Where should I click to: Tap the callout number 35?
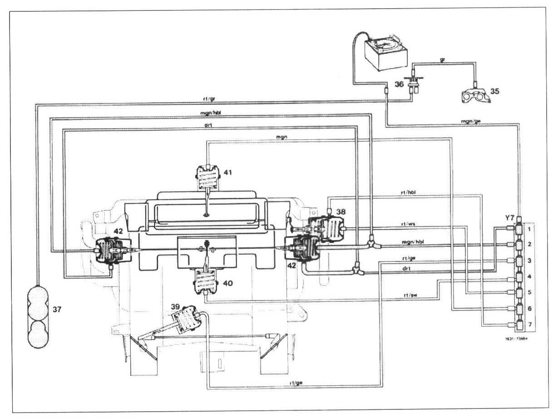494,91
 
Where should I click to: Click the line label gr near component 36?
442,59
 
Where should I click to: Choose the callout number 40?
227,282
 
